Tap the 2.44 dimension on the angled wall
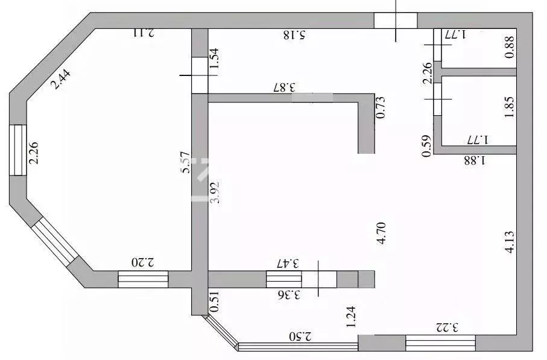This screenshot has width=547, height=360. click(60, 80)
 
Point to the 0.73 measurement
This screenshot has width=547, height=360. click(381, 107)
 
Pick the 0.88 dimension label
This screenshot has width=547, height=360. click(510, 48)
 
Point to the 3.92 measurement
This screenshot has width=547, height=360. click(214, 193)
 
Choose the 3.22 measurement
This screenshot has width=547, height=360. click(447, 328)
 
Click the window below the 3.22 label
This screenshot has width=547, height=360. click(440, 344)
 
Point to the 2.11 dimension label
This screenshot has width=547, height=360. click(144, 32)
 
